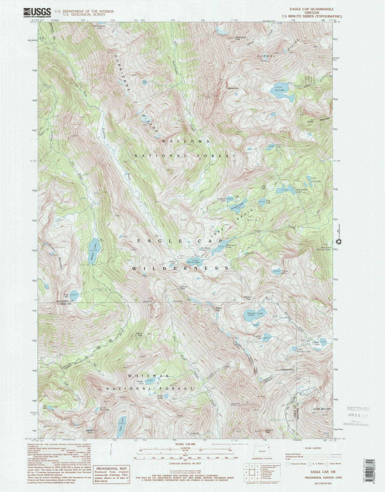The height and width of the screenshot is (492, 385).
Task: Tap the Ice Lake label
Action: pos(280,90)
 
